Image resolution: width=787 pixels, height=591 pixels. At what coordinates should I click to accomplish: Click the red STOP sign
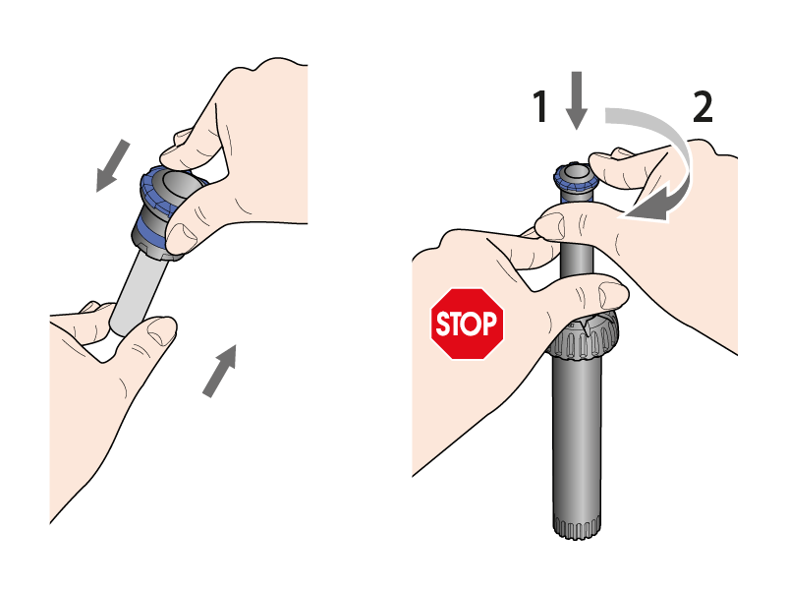467,324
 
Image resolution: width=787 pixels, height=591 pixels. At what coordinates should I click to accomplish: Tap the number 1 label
539,106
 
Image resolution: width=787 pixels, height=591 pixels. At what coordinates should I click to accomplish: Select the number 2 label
703,106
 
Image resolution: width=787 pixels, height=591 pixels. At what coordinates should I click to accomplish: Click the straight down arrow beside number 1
577,100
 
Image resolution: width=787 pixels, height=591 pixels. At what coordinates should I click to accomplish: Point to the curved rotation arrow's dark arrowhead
652,207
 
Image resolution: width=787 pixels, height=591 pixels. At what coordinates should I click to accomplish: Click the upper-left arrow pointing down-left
112,166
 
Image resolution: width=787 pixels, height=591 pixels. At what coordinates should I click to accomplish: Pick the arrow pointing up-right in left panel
220,371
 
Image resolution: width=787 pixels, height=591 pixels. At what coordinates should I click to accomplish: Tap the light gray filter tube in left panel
138,291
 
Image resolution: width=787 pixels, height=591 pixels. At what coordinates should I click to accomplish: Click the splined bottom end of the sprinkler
577,526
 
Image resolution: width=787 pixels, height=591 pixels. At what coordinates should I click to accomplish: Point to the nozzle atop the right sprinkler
575,181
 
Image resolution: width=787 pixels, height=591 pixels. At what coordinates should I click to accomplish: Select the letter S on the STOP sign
443,324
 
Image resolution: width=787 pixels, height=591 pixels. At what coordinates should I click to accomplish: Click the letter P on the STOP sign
490,324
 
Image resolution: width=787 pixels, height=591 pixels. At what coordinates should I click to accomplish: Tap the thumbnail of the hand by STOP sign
610,294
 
